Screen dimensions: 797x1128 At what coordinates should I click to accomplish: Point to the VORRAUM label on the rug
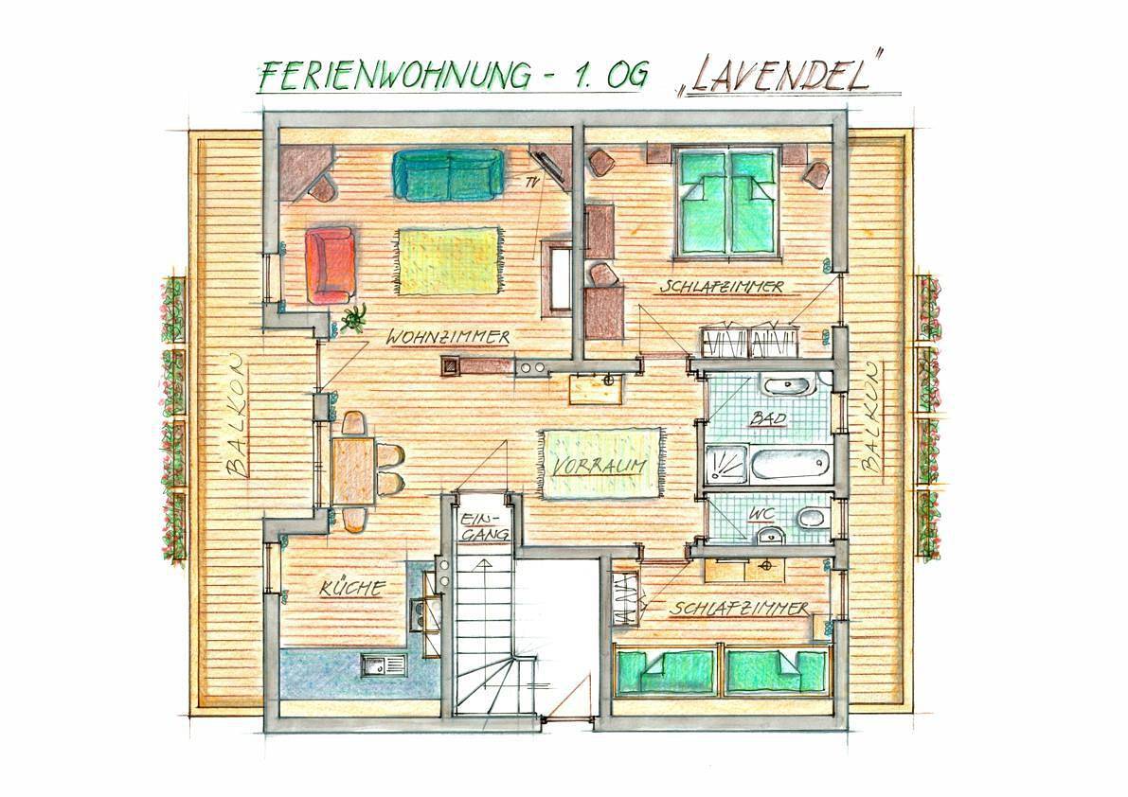click(599, 467)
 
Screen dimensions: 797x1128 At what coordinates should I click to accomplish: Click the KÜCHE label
click(351, 589)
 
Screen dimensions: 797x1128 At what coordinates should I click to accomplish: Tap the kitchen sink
click(382, 664)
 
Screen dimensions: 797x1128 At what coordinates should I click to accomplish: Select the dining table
click(350, 469)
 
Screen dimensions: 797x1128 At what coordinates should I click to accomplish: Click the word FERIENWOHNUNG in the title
click(395, 75)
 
